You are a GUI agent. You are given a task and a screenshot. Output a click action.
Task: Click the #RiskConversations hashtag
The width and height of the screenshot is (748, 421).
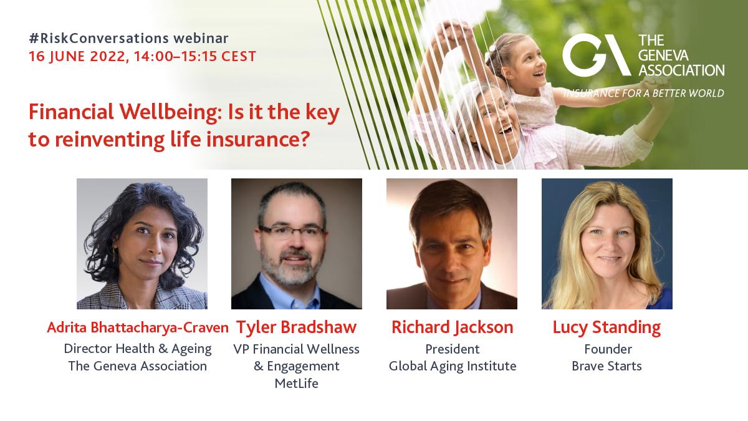tap(99, 39)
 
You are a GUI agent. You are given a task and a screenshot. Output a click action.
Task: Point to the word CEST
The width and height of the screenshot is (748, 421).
tap(239, 57)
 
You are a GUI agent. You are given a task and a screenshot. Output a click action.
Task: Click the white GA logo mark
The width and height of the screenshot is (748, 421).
tap(596, 55)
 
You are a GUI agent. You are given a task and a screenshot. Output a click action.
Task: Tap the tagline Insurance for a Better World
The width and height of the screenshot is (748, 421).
tap(644, 93)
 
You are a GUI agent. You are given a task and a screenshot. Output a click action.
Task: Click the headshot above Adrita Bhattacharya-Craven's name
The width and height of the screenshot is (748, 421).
tap(142, 244)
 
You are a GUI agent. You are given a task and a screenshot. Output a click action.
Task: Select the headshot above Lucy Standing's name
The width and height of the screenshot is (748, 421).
tap(607, 244)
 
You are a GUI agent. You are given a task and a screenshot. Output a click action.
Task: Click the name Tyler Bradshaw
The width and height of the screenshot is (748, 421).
tap(297, 327)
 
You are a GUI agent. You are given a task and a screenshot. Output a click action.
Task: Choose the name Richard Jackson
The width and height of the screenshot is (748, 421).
tap(452, 327)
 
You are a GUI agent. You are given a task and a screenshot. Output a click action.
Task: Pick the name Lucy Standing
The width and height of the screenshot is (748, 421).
tap(607, 327)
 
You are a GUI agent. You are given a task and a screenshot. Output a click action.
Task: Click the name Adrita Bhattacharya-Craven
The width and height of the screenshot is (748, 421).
tap(138, 327)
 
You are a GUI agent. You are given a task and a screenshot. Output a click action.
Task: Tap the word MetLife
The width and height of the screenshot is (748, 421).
tap(297, 383)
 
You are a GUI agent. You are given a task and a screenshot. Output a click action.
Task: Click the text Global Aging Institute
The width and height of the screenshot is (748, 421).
tap(453, 366)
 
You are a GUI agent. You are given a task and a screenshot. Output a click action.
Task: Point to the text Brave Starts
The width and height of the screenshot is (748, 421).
tap(607, 366)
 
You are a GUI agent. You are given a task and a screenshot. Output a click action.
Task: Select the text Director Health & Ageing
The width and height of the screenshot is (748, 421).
tap(138, 349)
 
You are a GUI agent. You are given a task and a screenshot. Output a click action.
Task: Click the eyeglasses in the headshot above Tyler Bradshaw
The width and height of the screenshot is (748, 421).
tap(291, 231)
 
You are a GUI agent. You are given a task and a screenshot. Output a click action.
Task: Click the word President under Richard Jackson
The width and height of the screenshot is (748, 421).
tap(452, 349)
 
